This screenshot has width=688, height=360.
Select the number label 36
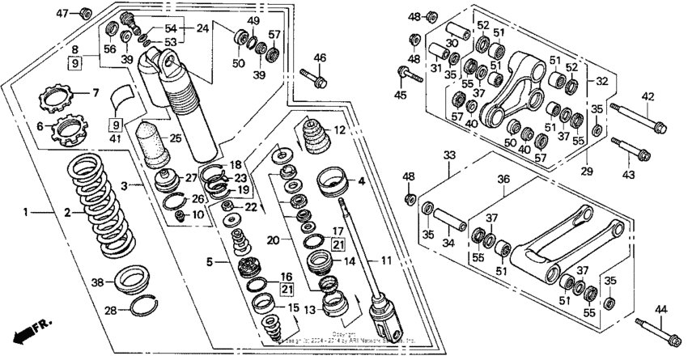point(503,180)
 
